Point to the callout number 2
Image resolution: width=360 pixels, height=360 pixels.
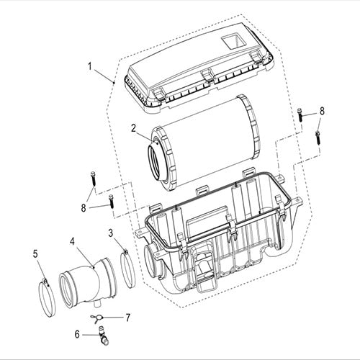134,127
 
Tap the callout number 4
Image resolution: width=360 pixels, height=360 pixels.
73,242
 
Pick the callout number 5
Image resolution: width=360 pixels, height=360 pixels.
35,253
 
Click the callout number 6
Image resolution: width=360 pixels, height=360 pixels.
77,333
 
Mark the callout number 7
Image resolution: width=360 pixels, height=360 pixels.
127,317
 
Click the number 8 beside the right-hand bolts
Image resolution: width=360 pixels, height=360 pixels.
322,111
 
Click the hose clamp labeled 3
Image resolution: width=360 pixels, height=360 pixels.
127,266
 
